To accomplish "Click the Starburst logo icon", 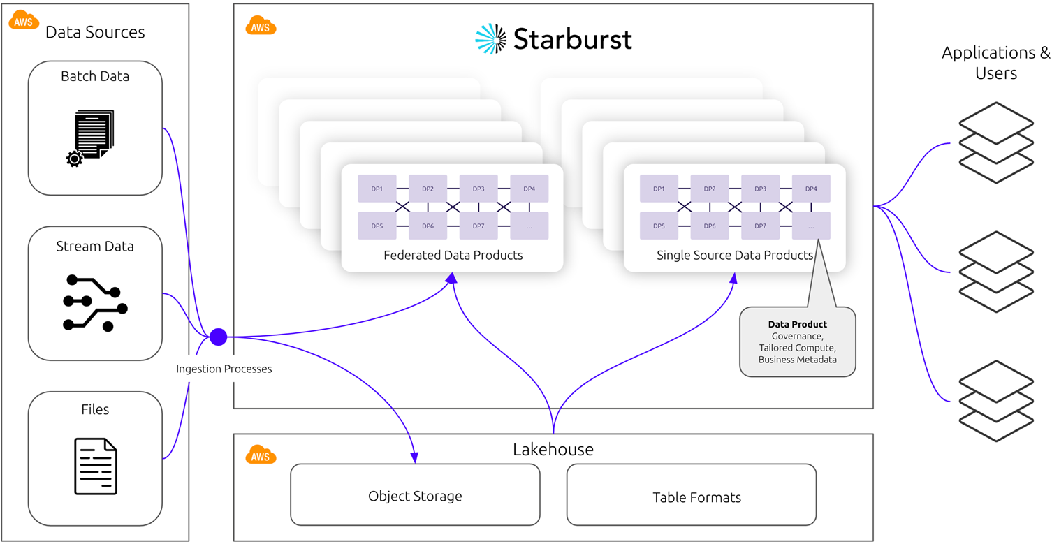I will coord(491,39).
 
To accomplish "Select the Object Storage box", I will coord(415,495).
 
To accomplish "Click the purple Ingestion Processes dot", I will coord(219,337).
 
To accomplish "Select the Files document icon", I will coord(96,466).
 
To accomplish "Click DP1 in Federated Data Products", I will coord(377,189).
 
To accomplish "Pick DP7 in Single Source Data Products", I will coord(760,226).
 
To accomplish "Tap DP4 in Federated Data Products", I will coord(529,189).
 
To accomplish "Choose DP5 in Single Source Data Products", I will coord(659,226).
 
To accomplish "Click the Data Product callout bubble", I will coord(797,342).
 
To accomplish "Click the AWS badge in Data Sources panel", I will coord(24,20).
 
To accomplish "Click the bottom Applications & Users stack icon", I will coord(995,401).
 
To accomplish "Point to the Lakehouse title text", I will coord(553,449).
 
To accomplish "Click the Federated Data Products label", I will coord(453,256).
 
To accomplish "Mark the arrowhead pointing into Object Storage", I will coord(415,457).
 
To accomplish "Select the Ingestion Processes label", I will coord(224,369).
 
